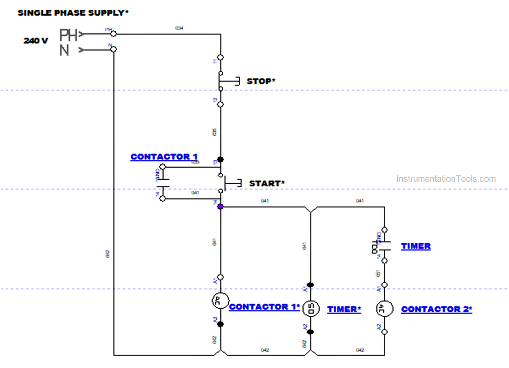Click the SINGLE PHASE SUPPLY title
pos(73,13)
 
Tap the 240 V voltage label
pos(36,41)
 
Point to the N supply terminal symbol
pos(65,50)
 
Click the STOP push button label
pos(261,81)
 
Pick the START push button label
pos(266,183)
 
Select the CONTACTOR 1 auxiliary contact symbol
pos(163,183)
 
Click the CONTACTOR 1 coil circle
pos(220,301)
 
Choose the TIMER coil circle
pos(311,309)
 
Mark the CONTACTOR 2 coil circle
pos(384,309)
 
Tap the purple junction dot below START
pos(220,207)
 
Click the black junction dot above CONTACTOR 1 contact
pos(220,159)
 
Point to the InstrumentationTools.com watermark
pos(446,179)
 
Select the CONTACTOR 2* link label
pos(436,309)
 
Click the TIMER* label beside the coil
pos(344,309)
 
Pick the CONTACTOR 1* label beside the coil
pos(264,307)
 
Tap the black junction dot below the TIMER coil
pos(311,332)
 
